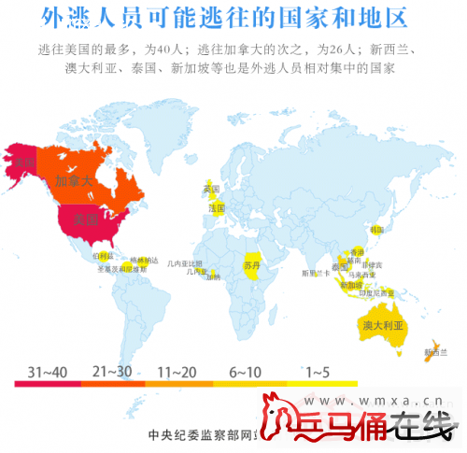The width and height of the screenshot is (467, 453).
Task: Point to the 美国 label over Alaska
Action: point(19,165)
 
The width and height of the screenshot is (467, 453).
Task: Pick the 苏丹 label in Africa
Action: point(251,266)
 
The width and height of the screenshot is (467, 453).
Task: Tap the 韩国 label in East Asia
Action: point(377,229)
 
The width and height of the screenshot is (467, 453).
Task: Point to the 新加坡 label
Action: point(350,285)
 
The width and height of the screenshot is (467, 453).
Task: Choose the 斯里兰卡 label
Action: point(315,274)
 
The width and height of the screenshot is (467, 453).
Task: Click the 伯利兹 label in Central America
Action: point(104,254)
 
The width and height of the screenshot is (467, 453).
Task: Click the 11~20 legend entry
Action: point(177,372)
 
